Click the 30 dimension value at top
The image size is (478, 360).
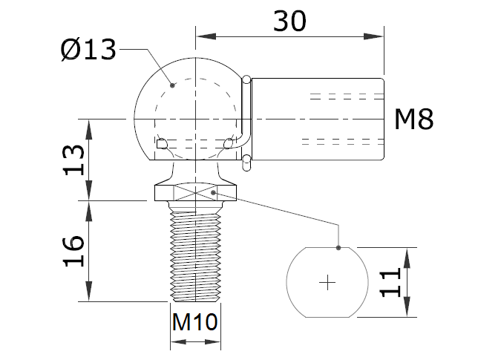tap(289, 21)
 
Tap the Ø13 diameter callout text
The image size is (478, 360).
tap(88, 50)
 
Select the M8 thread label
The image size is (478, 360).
tap(413, 120)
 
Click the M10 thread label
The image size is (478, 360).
tap(194, 321)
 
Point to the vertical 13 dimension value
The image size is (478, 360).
tap(73, 160)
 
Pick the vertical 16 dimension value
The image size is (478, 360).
tap(73, 251)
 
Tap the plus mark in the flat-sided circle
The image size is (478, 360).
tap(327, 283)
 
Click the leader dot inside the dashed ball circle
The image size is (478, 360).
tap(172, 85)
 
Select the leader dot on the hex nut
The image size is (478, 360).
tap(214, 192)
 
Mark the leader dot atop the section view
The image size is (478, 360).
tap(338, 248)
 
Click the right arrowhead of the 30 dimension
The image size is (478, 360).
tap(373, 36)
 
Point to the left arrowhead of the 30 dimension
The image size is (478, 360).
tap(206, 36)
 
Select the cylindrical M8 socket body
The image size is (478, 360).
tap(318, 119)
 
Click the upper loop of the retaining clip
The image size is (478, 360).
tap(246, 80)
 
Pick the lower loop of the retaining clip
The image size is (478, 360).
tap(246, 163)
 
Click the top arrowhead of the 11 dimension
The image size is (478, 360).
tap(407, 258)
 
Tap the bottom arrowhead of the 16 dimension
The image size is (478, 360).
tap(89, 292)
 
